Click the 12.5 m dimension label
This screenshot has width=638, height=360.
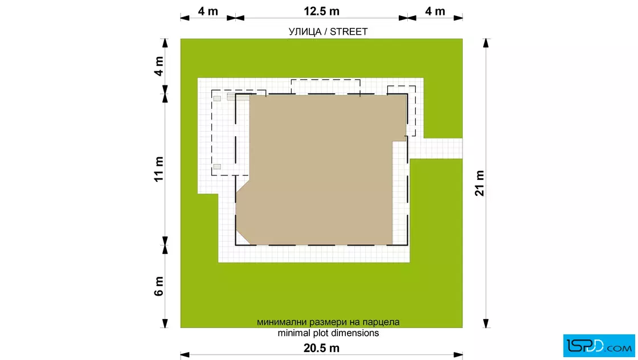coord(321,11)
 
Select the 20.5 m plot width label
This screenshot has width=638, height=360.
coord(321,348)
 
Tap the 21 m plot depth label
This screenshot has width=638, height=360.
coord(480,183)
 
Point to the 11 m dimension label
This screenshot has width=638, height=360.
coord(159,169)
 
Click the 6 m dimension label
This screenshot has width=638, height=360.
coord(159,286)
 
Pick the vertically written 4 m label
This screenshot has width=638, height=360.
coord(159,66)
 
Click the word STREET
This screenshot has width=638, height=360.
coord(349,32)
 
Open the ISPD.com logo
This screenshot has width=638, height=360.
coord(599,346)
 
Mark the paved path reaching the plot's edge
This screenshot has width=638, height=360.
coord(436,149)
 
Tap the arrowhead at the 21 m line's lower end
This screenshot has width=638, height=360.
coord(486,324)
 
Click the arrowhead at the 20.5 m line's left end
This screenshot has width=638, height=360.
coord(185,355)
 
